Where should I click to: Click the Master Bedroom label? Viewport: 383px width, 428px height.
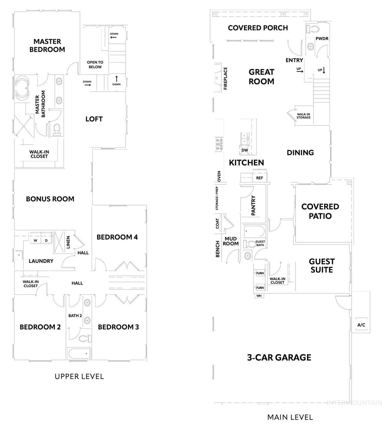47,45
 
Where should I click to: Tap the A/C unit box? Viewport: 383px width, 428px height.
361,325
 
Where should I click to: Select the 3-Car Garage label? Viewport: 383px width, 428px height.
279,357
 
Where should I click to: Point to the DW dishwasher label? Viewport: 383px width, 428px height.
245,150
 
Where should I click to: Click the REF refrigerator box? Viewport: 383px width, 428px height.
260,178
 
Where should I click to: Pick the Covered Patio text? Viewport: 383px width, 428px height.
320,211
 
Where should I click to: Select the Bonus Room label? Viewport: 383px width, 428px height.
50,199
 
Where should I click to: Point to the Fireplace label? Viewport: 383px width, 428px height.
226,78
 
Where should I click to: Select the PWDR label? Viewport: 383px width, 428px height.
322,39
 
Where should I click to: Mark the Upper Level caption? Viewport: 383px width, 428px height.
79,376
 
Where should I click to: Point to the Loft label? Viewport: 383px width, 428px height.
94,119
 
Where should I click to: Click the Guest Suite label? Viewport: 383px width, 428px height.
322,265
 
